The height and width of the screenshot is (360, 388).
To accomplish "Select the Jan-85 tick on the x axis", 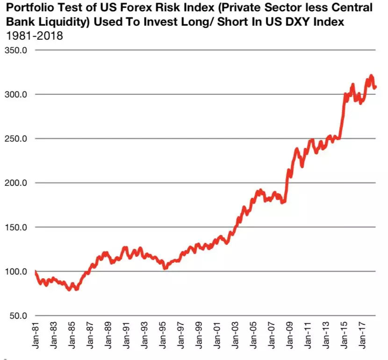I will coord(72,336).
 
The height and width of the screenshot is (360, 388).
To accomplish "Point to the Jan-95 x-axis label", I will coord(163,336).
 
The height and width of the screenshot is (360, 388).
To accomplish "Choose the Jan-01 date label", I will coord(217,336).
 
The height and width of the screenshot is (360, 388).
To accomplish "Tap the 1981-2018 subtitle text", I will coord(34,36).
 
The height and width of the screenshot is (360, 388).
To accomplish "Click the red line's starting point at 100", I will coord(36,271).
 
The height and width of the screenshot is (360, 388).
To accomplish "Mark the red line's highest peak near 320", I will coord(371,76).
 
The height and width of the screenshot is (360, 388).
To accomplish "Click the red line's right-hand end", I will coord(375,87).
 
